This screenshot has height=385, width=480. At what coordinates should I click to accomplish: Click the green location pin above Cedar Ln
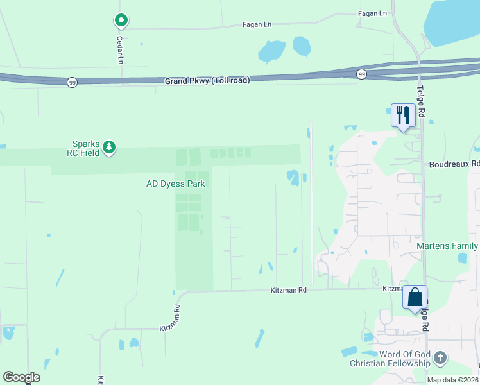pos(121,21)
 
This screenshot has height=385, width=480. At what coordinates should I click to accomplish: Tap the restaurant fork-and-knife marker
pos(402,116)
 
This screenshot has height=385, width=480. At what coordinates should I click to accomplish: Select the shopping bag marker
pos(415,298)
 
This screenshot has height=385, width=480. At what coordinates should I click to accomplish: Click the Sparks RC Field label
pos(87,148)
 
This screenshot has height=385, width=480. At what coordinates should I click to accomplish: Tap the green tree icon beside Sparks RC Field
pos(110,148)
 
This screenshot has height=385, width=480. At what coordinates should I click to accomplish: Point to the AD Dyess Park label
pos(175,184)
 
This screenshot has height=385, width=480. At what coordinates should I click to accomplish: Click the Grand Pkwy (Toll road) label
pos(207,81)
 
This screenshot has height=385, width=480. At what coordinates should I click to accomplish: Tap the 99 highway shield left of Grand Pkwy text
pos(71,82)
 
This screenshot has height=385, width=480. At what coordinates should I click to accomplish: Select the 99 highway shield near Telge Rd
pos(362,74)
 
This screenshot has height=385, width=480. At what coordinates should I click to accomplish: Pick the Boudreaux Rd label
pos(454,164)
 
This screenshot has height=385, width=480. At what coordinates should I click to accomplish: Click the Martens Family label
pos(447,246)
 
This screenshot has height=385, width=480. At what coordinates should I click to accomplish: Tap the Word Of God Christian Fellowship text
pos(390,359)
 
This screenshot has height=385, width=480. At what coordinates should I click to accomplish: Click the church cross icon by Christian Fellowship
pos(440,358)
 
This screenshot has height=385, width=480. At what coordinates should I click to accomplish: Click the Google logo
pos(21,377)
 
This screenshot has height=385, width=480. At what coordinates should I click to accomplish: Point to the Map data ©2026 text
pos(452,380)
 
